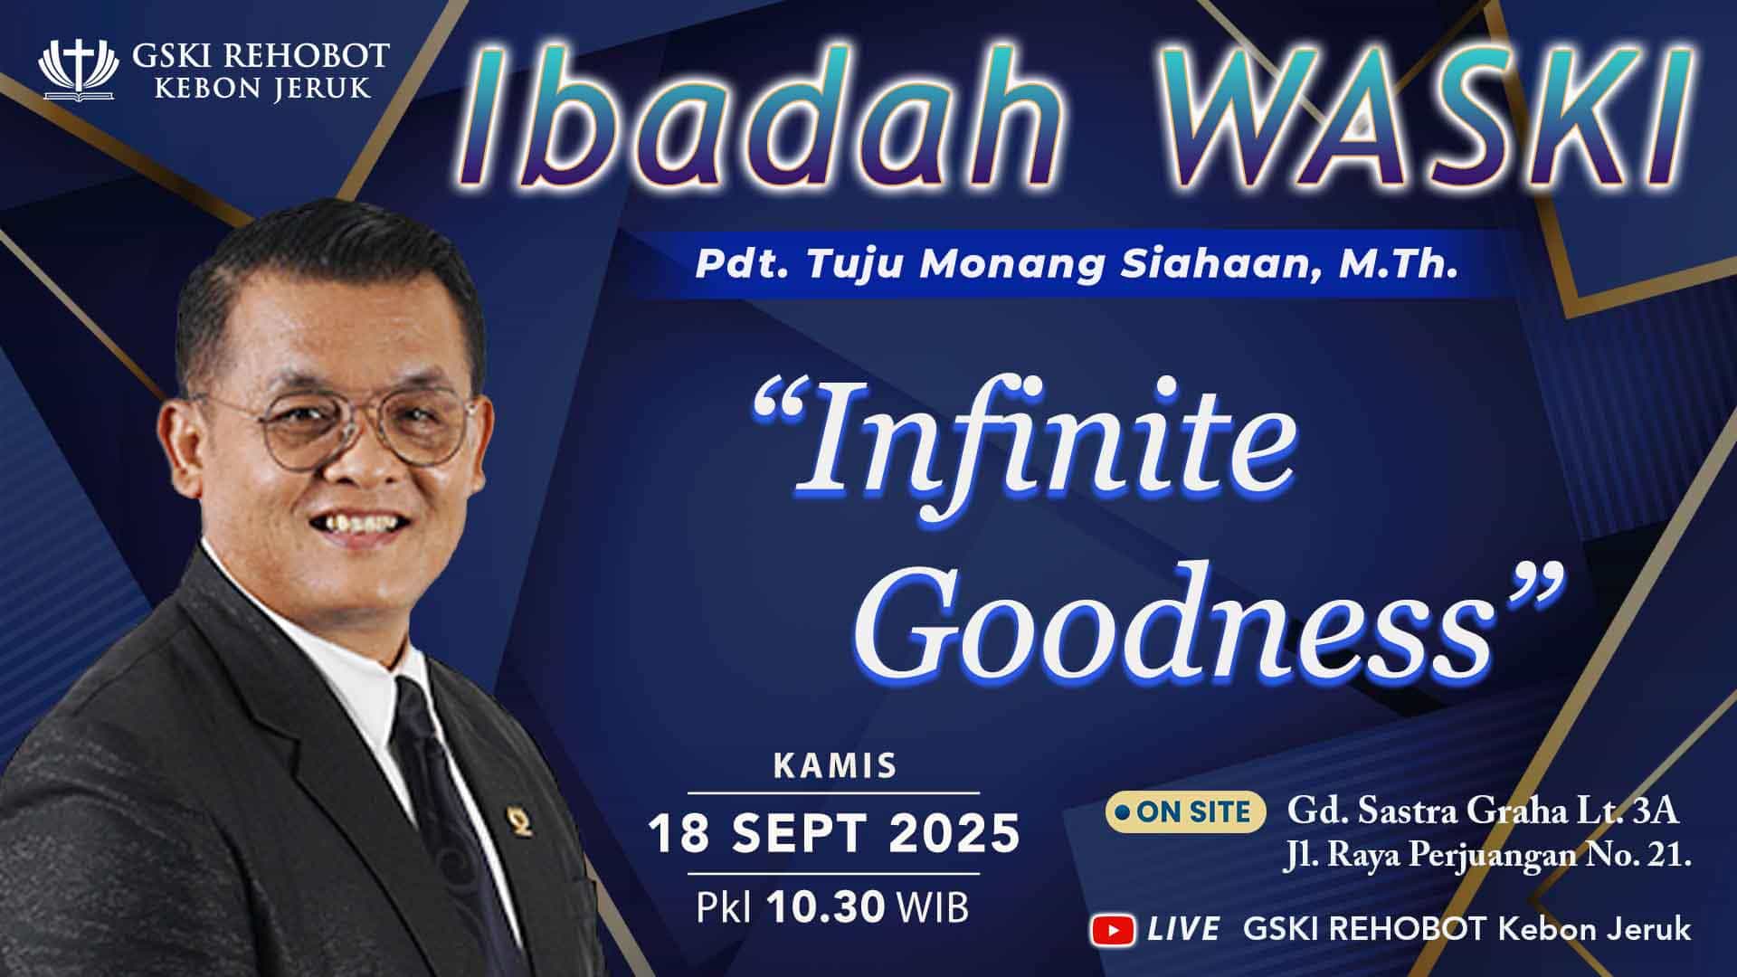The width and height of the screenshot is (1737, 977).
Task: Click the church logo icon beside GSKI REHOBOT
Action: tap(78, 69)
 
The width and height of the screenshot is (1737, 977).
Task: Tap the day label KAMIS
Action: tap(835, 766)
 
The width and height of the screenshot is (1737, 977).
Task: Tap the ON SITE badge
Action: tap(1184, 811)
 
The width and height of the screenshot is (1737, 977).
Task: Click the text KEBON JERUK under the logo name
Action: tap(262, 88)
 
